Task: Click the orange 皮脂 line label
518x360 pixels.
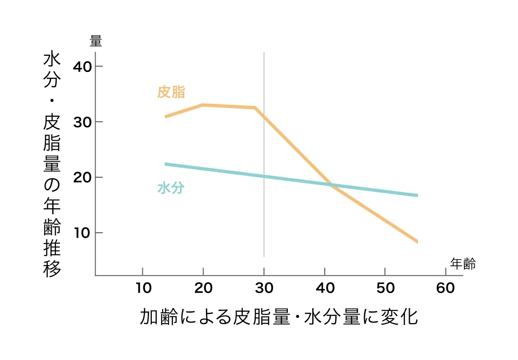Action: [x=171, y=92]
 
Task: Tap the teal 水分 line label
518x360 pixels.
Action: [x=171, y=188]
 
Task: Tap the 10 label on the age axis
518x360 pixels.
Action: [x=143, y=288]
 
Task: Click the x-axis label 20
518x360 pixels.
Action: [x=203, y=288]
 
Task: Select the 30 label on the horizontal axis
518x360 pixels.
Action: [x=264, y=288]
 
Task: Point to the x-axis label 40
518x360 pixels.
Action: [x=325, y=288]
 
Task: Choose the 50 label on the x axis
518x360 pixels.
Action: [x=385, y=288]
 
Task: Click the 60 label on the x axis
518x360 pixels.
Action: [x=445, y=288]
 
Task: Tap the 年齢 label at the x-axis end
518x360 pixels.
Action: [x=463, y=264]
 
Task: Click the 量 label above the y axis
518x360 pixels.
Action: [x=96, y=41]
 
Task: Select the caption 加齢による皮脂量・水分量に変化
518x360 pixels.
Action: [x=279, y=317]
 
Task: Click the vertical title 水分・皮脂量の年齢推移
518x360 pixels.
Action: [x=52, y=164]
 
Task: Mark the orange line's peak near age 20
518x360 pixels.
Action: [x=203, y=105]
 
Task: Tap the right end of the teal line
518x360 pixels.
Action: [x=417, y=195]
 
